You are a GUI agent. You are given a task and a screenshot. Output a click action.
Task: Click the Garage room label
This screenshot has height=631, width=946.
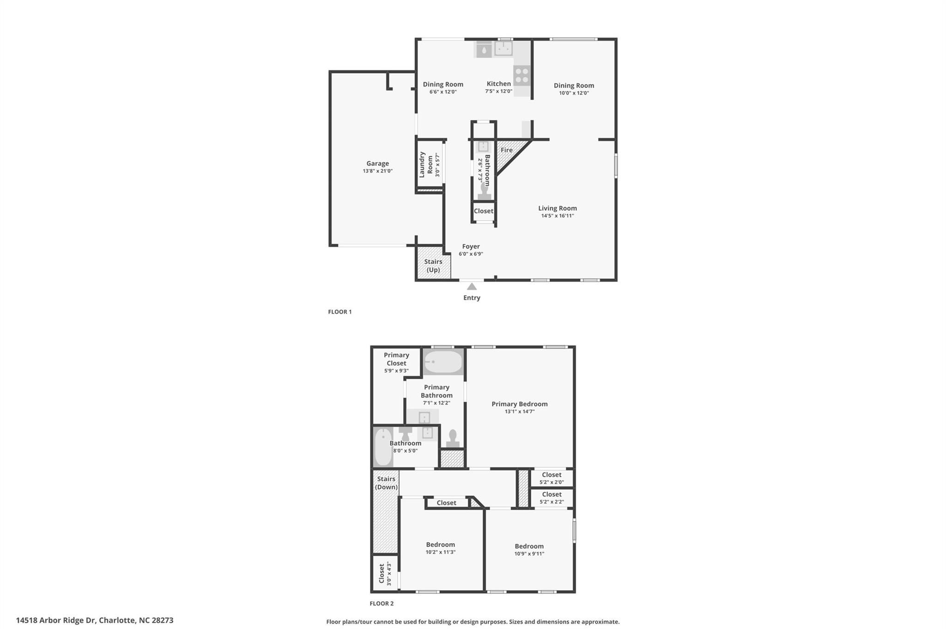377,163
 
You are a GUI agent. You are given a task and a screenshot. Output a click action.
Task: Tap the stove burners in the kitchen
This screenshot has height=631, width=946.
522,75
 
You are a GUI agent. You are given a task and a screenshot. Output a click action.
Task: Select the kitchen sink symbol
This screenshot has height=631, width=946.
503,48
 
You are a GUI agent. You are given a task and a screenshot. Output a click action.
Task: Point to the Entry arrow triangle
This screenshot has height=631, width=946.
472,287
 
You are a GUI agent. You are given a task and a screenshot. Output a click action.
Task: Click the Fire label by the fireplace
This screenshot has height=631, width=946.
506,150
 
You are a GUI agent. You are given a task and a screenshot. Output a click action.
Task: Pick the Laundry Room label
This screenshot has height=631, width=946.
426,164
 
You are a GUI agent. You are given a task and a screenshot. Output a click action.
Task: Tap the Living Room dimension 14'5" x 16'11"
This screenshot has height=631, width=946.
558,216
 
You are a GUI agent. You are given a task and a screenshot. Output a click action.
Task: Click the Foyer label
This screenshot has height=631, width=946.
471,246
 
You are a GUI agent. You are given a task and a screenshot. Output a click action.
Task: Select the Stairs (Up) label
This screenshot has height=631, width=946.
433,265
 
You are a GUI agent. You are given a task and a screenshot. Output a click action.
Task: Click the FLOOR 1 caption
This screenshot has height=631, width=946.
340,312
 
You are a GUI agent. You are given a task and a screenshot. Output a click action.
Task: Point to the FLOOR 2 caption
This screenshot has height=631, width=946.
382,603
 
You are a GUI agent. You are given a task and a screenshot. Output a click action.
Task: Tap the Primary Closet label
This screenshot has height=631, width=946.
396,359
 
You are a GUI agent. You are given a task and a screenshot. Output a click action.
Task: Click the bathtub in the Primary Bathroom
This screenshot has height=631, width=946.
443,362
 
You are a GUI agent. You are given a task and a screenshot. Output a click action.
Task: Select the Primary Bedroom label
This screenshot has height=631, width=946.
519,404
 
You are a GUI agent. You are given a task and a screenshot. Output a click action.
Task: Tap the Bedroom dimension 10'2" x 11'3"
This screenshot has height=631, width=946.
440,552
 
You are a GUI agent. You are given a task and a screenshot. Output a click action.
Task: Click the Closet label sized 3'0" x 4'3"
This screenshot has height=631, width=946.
382,573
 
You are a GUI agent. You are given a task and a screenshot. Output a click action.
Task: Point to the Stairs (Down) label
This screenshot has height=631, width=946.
386,483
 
